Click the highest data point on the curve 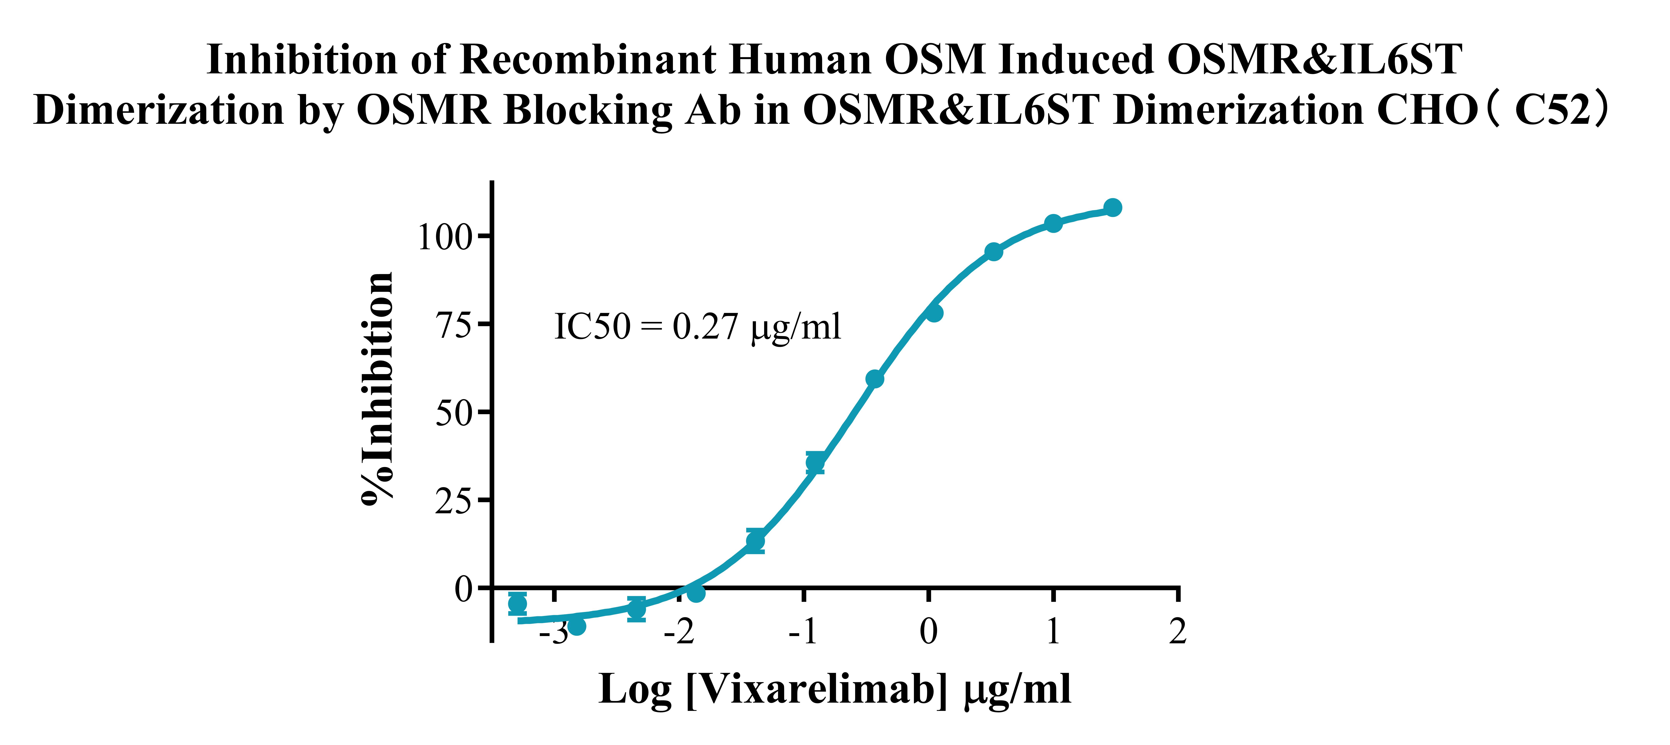[x=1113, y=207]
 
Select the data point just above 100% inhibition [x=1053, y=223]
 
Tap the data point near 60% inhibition [x=875, y=379]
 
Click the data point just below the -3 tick [x=576, y=626]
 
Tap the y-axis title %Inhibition [x=377, y=388]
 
